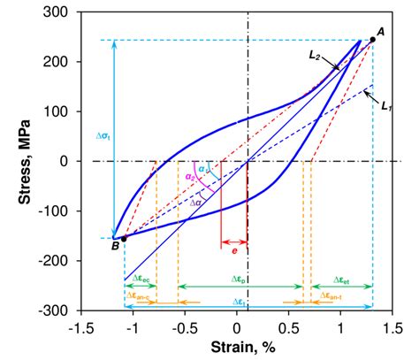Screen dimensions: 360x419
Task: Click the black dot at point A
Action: pyautogui.click(x=371, y=40)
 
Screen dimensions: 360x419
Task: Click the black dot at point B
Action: pyautogui.click(x=124, y=239)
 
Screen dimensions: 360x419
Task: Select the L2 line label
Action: pyautogui.click(x=315, y=55)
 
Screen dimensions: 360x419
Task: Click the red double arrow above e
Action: pyautogui.click(x=233, y=242)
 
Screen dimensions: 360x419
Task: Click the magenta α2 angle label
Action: pyautogui.click(x=191, y=178)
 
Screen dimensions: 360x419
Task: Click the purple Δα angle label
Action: pyautogui.click(x=196, y=203)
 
